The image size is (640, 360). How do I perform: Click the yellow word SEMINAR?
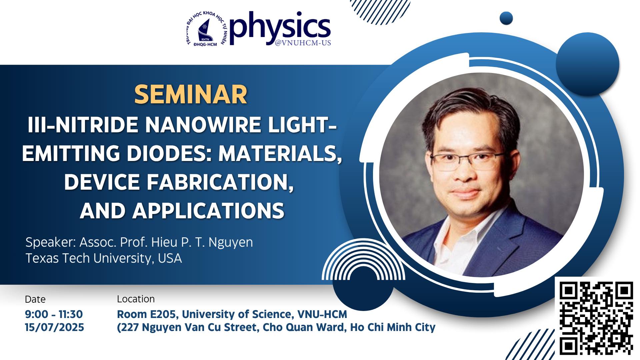(191, 95)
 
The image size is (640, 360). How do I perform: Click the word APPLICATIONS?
(208, 211)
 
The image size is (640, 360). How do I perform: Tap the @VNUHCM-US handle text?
(303, 43)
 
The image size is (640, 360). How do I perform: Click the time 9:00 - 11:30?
(54, 314)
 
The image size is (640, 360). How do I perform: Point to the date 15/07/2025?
(54, 327)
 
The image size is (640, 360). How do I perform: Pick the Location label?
(136, 299)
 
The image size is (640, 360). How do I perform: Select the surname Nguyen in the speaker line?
(231, 242)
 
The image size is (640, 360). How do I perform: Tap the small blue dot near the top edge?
(506, 18)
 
